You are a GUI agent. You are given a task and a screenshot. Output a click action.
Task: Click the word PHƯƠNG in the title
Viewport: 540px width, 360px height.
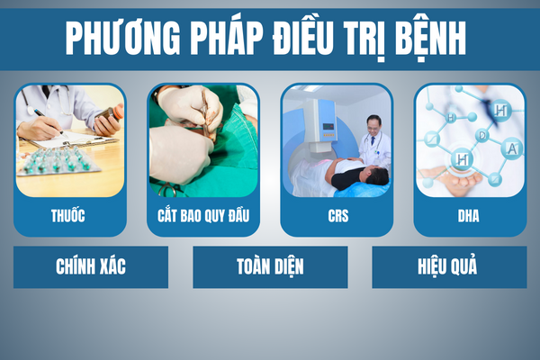[123, 38]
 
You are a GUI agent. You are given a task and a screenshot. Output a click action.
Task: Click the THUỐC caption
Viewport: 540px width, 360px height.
[67, 216]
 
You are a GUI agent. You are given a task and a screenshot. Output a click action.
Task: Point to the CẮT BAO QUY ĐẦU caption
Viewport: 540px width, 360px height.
[203, 215]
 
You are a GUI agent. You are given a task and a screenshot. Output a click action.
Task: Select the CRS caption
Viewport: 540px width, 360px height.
[337, 216]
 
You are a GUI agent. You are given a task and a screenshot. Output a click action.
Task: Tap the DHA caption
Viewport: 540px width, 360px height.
[468, 216]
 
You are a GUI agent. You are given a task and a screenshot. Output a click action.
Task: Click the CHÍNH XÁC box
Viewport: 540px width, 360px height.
[91, 267]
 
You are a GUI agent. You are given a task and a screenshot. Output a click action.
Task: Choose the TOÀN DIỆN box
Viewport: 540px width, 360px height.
[270, 267]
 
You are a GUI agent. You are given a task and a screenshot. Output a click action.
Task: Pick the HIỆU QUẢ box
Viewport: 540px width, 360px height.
[449, 267]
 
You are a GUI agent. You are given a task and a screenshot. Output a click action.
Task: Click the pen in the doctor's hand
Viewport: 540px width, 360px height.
[49, 121]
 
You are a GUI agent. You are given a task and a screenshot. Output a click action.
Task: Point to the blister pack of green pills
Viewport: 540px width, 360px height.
[58, 161]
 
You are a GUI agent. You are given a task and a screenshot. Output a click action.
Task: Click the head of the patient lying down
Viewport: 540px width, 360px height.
[377, 175]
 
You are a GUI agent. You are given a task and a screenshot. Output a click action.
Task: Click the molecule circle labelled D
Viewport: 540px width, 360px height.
[482, 136]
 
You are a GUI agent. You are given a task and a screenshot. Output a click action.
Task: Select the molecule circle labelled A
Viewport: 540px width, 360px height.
[512, 148]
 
